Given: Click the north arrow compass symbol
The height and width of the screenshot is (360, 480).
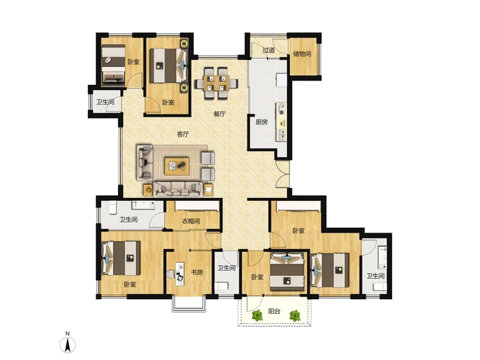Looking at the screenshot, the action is (68, 343).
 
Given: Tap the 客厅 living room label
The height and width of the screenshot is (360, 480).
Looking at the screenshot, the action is (183, 134).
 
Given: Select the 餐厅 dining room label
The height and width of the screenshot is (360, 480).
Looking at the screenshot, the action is (219, 114).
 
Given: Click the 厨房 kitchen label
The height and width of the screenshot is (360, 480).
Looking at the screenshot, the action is (261, 122).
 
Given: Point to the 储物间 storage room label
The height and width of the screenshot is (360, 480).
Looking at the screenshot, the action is (302, 54).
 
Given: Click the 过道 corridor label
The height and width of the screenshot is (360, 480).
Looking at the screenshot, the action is (268, 50).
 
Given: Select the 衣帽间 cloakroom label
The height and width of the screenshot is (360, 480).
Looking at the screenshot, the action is (191, 221).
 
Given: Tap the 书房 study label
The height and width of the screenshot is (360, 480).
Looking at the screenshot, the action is (197, 272).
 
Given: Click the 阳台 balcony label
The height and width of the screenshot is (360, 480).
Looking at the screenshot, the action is (274, 311).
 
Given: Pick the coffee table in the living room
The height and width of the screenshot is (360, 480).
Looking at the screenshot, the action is (177, 166).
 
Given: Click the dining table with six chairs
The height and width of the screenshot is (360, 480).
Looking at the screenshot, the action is (216, 84).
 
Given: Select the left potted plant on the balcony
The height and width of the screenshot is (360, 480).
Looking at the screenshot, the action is (257, 315).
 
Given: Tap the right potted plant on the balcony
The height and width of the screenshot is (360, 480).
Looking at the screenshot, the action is (295, 315).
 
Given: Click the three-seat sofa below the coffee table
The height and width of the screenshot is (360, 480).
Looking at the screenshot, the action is (178, 189).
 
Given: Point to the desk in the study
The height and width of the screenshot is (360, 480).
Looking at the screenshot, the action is (180, 274).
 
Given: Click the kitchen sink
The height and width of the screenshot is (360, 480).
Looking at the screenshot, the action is (281, 134).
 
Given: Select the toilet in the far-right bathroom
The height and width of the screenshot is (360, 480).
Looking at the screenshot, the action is (380, 287).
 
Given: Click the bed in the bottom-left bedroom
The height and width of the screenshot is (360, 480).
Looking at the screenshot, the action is (121, 258).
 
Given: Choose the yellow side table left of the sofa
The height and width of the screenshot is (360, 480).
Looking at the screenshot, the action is (148, 190).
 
